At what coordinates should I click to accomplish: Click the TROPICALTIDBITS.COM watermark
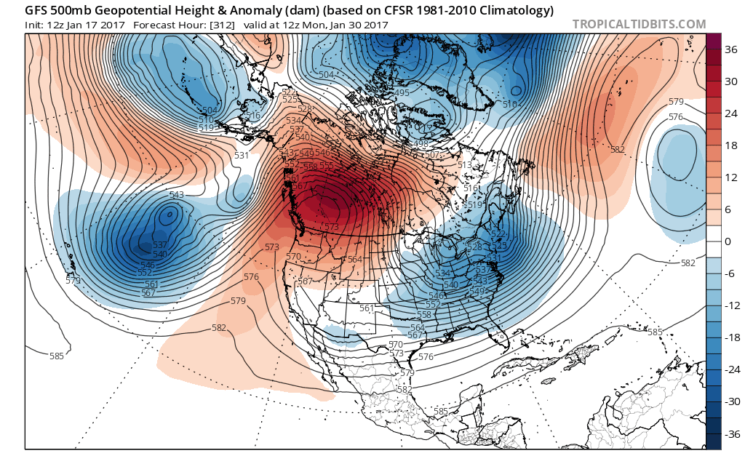click(x=639, y=24)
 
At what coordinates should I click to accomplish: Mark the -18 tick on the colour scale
click(x=730, y=337)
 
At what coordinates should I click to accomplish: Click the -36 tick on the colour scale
click(x=730, y=433)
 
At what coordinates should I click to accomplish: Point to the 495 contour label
click(x=402, y=93)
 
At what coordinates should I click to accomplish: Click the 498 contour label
click(x=421, y=144)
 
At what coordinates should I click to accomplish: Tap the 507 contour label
click(x=431, y=155)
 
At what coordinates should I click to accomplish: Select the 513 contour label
click(x=465, y=165)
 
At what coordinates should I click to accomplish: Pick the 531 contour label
click(x=242, y=156)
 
